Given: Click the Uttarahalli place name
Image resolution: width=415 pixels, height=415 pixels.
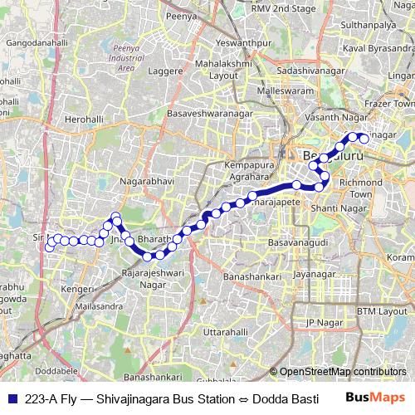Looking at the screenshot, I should [x=226, y=331].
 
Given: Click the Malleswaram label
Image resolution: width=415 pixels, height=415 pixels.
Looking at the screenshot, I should [x=287, y=89].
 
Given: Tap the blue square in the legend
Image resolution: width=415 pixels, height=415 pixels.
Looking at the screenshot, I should [x=10, y=397].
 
